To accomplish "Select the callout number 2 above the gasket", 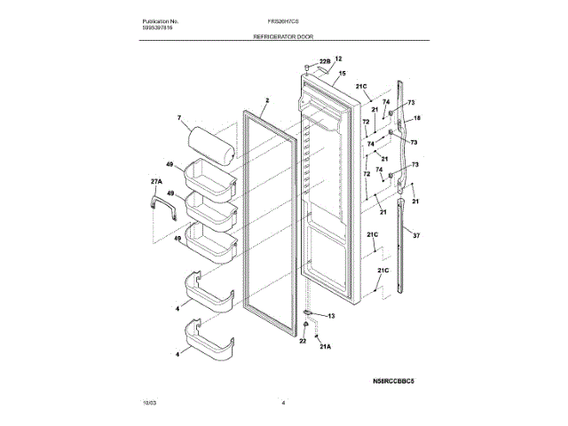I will coord(265,101).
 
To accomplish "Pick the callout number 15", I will coord(342,74).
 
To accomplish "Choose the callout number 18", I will coord(416,118).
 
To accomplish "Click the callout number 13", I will coord(331,316).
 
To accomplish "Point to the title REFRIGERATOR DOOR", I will coord(284,39).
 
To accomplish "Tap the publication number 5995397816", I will coord(158,28).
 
